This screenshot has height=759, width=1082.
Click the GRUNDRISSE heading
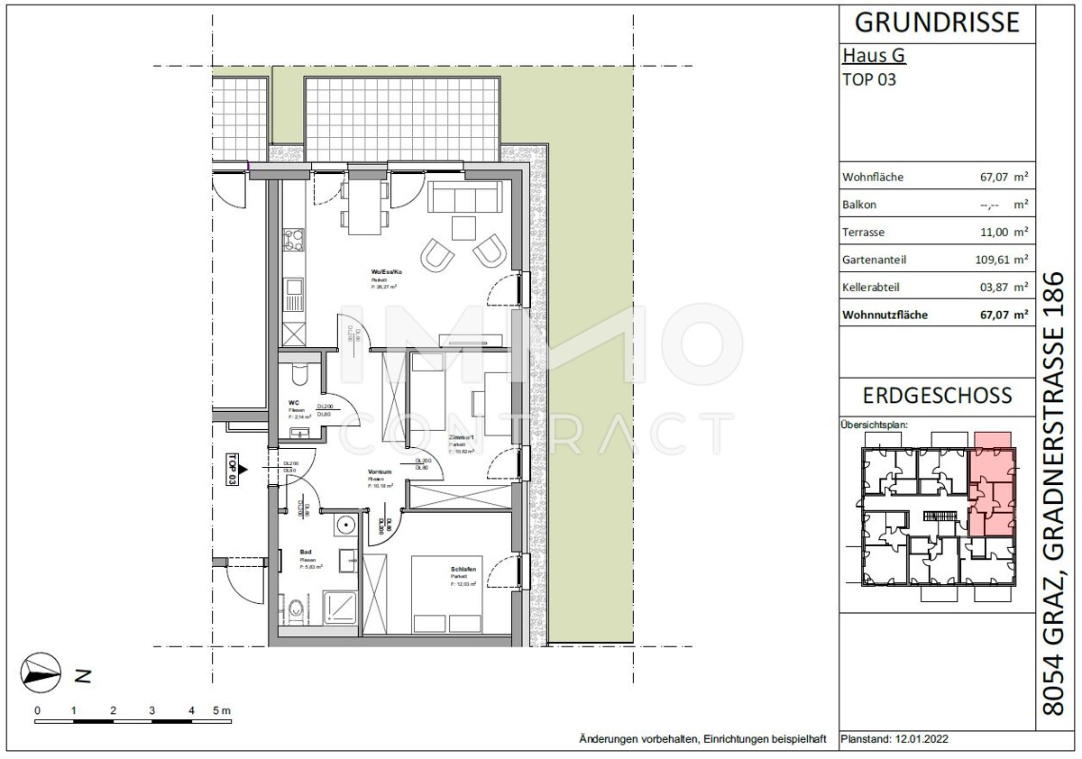(x=938, y=22)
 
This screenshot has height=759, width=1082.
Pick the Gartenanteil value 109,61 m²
(x=995, y=260)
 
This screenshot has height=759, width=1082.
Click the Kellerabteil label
(x=870, y=288)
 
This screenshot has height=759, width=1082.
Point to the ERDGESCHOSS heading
(x=938, y=396)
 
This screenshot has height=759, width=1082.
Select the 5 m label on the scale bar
(x=220, y=710)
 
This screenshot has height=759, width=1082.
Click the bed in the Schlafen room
(x=447, y=595)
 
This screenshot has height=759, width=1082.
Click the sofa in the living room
(x=465, y=197)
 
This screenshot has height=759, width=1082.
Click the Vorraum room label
(x=378, y=472)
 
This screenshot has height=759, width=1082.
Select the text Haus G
(x=873, y=56)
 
